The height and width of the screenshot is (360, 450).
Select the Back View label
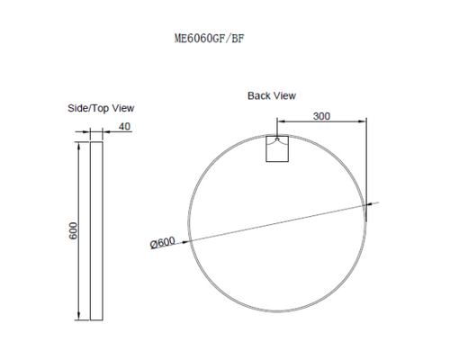click(x=271, y=95)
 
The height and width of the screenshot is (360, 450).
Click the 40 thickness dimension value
click(x=124, y=126)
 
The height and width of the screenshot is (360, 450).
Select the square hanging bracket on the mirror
click(x=279, y=150)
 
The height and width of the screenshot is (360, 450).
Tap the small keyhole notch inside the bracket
click(x=279, y=139)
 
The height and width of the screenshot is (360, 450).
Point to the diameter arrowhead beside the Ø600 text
click(x=192, y=238)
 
